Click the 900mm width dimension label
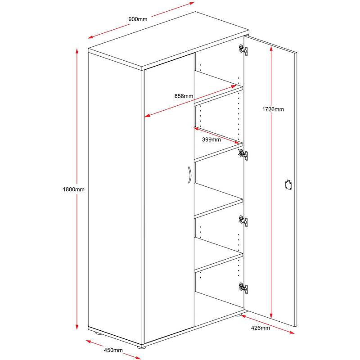tap(138, 19)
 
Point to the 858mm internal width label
tap(184, 96)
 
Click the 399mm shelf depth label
tap(211, 139)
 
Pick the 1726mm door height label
tap(274, 109)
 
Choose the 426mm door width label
tap(260, 328)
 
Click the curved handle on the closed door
tap(189, 175)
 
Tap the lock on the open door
tap(288, 184)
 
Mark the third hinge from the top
tap(243, 220)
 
